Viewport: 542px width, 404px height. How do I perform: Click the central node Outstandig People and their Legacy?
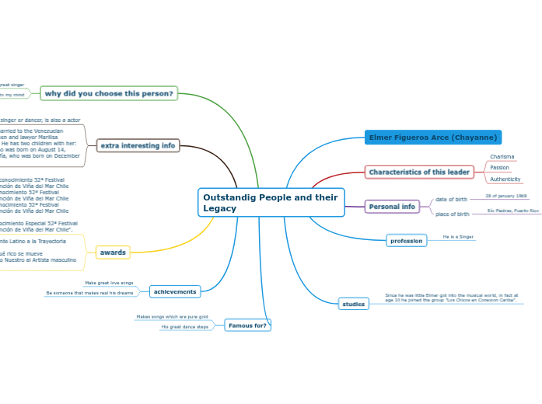pyautogui.click(x=271, y=203)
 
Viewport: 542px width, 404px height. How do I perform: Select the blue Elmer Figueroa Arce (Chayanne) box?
pyautogui.click(x=433, y=138)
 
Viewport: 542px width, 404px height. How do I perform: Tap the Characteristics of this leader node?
pyautogui.click(x=419, y=172)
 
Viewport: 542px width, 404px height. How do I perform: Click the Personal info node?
pyautogui.click(x=392, y=207)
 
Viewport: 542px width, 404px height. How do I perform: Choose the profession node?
pyautogui.click(x=407, y=241)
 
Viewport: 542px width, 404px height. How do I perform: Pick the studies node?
pyautogui.click(x=353, y=304)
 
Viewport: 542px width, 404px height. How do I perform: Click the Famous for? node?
pyautogui.click(x=247, y=326)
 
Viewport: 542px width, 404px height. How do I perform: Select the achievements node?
pyautogui.click(x=175, y=291)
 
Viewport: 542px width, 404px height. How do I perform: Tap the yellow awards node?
pyautogui.click(x=113, y=252)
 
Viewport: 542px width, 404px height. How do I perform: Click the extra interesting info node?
pyautogui.click(x=138, y=145)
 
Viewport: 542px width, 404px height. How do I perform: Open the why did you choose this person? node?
pyautogui.click(x=109, y=93)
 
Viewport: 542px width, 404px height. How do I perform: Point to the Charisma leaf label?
pyautogui.click(x=502, y=157)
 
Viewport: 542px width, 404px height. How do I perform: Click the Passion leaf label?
pyautogui.click(x=499, y=168)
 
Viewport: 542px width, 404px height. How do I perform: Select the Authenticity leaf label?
pyautogui.click(x=505, y=179)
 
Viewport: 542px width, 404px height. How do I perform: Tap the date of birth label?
pyautogui.click(x=451, y=200)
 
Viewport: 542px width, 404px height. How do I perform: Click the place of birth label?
pyautogui.click(x=452, y=214)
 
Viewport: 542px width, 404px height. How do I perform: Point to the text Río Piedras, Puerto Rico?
pyautogui.click(x=512, y=211)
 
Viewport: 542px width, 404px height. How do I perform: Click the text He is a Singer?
pyautogui.click(x=458, y=237)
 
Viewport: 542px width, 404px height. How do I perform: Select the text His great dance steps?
pyautogui.click(x=184, y=327)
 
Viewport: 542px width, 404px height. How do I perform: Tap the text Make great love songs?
pyautogui.click(x=109, y=283)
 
